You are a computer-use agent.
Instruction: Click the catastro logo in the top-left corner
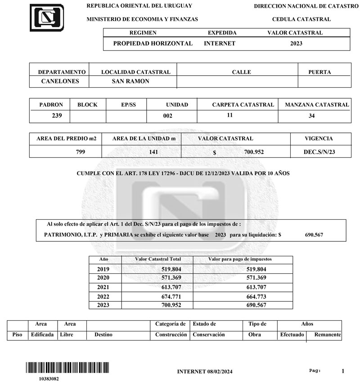(x=47, y=18)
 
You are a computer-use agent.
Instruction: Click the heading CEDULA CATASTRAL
(x=301, y=19)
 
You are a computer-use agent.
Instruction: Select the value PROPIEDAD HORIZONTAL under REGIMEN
(x=153, y=44)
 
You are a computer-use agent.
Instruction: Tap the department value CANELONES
(x=60, y=82)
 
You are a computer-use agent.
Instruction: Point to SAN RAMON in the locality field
(x=130, y=82)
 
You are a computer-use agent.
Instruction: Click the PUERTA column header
(x=319, y=72)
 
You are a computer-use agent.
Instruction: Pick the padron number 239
(x=57, y=115)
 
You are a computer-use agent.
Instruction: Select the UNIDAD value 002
(x=168, y=116)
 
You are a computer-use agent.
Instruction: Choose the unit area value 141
(x=153, y=152)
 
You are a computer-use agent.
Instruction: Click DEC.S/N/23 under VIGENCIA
(x=319, y=152)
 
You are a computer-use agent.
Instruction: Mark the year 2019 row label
(x=103, y=269)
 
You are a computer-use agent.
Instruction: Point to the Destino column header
(x=103, y=335)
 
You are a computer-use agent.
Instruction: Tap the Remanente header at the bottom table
(x=327, y=335)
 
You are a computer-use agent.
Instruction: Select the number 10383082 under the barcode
(x=49, y=379)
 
